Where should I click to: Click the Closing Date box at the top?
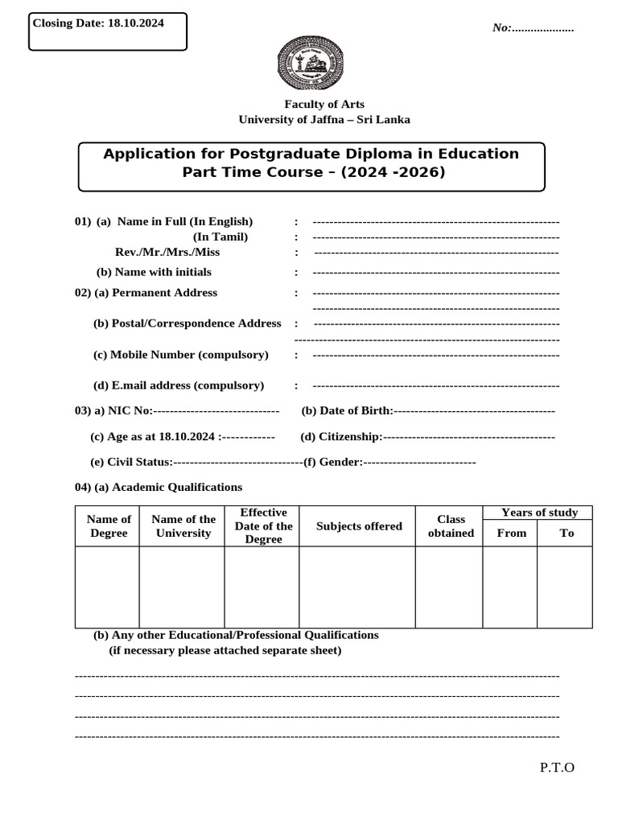coord(107,31)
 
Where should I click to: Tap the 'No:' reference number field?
coord(533,28)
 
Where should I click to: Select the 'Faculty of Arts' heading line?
coord(323,104)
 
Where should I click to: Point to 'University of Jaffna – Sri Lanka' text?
coord(323,119)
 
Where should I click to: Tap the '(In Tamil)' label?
coord(220,237)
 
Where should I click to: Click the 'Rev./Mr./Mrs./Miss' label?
coord(167,252)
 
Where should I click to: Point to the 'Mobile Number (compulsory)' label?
coord(181,354)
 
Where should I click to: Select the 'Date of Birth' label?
coord(347,411)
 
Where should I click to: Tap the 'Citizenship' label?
coord(340,437)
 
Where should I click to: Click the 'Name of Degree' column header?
coord(109,526)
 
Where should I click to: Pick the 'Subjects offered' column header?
coord(359,526)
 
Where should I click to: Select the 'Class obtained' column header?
coord(451,526)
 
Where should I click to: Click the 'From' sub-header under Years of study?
coord(512,533)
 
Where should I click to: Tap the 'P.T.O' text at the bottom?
coord(557,767)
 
